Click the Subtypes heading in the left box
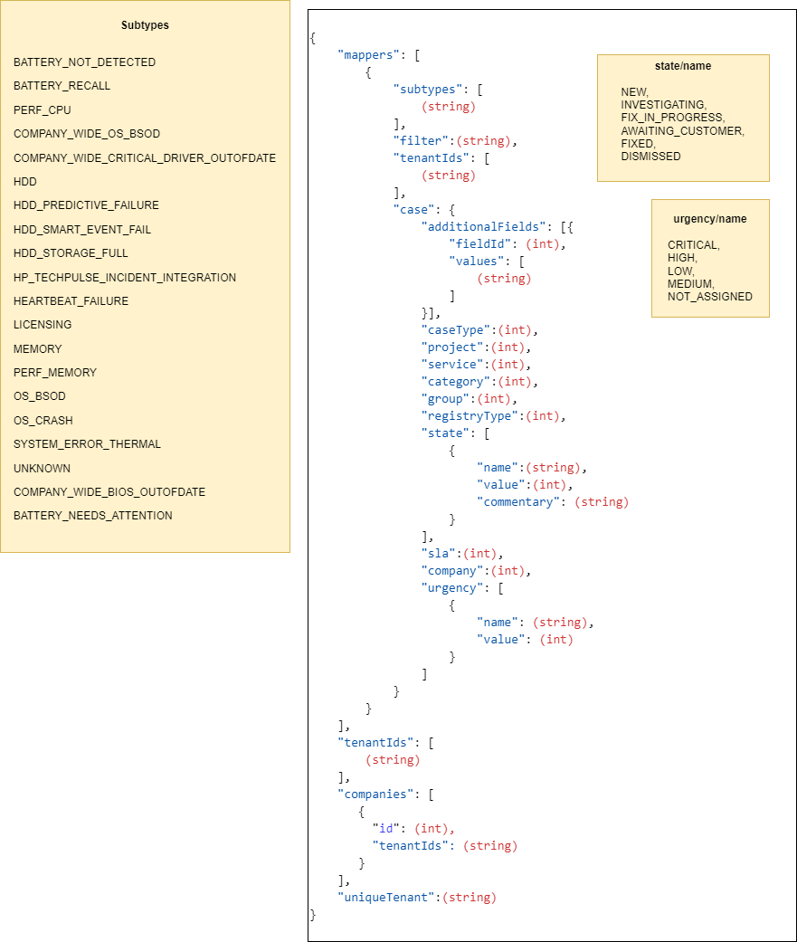pyautogui.click(x=145, y=25)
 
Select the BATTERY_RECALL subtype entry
pyautogui.click(x=62, y=86)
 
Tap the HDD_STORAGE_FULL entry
pyautogui.click(x=71, y=253)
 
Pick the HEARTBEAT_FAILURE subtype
pyautogui.click(x=71, y=301)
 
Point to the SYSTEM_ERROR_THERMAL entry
pyautogui.click(x=87, y=444)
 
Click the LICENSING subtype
pyautogui.click(x=43, y=325)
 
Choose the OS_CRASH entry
pyautogui.click(x=43, y=421)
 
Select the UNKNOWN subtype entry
pyautogui.click(x=42, y=469)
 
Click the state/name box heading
pyautogui.click(x=683, y=66)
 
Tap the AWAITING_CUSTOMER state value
pyautogui.click(x=683, y=131)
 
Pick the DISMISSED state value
pyautogui.click(x=651, y=157)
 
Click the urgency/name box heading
pyautogui.click(x=710, y=219)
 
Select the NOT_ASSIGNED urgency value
pyautogui.click(x=710, y=297)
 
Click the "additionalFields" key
pyautogui.click(x=483, y=227)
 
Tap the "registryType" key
pyautogui.click(x=470, y=416)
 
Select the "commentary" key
pyautogui.click(x=518, y=502)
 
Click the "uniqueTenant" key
pyautogui.click(x=385, y=898)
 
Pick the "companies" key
pyautogui.click(x=375, y=795)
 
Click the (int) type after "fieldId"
pyautogui.click(x=543, y=244)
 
